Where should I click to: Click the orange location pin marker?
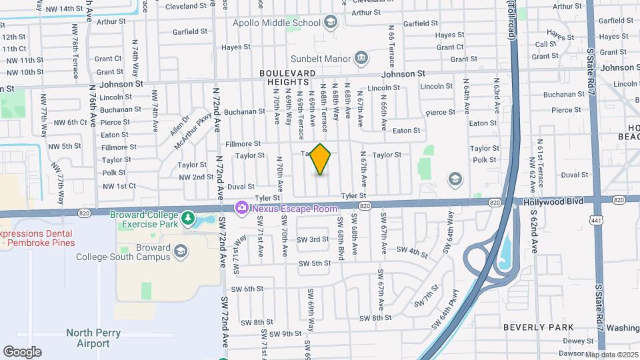[321, 159]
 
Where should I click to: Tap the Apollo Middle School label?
[277, 23]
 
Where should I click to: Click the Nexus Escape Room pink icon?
[241, 209]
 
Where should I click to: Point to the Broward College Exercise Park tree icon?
[189, 218]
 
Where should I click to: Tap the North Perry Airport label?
[87, 338]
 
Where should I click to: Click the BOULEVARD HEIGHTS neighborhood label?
[287, 77]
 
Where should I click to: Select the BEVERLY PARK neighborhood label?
[538, 327]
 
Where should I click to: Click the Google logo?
[22, 351]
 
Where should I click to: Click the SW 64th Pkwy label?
[445, 308]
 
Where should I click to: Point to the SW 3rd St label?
[313, 239]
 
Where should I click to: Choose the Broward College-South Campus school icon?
[180, 250]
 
